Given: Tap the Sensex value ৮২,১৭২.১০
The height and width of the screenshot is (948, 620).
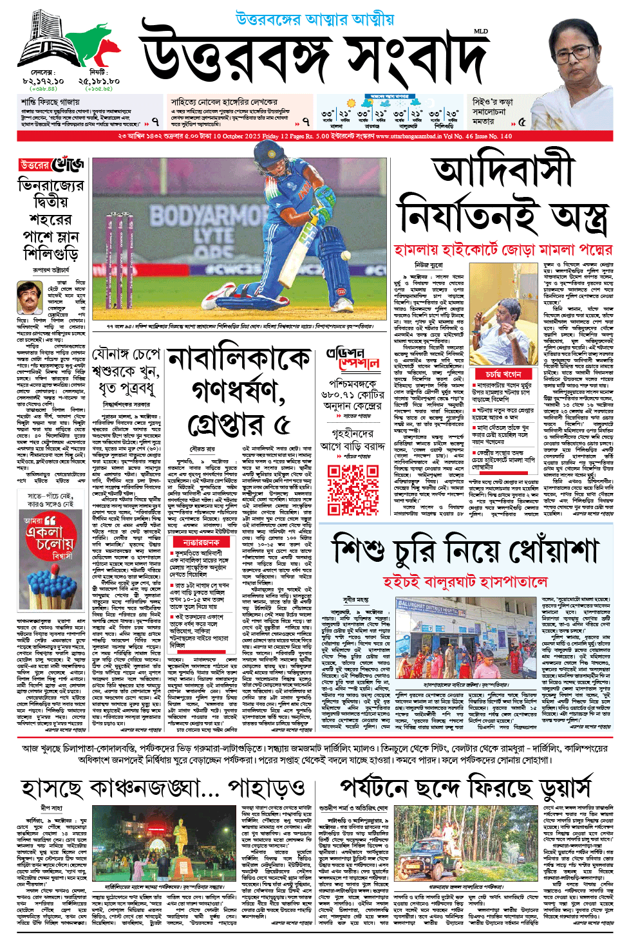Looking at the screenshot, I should pos(43,81).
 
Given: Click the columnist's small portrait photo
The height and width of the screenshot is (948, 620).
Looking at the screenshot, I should pos(29,297).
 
